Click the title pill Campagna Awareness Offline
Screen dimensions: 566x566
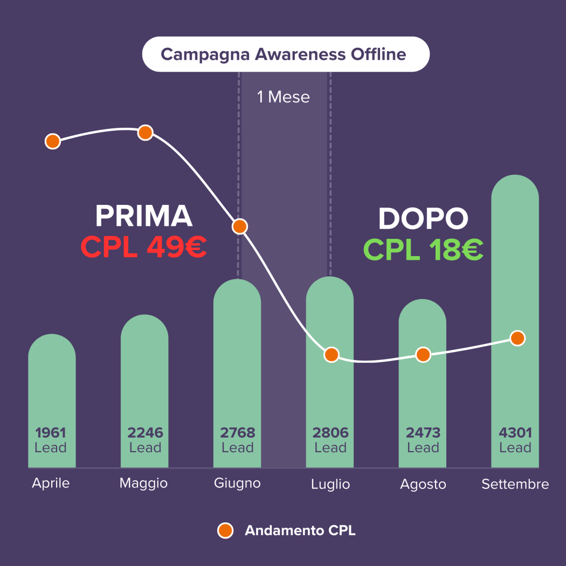click(x=285, y=54)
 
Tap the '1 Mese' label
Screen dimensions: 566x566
click(x=284, y=97)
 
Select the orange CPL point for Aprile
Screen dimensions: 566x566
click(x=52, y=141)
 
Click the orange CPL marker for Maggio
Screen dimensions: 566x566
click(x=145, y=132)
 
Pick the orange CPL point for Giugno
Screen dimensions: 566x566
click(x=240, y=226)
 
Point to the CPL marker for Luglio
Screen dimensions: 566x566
click(x=332, y=354)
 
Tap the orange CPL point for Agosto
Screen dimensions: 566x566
click(x=423, y=355)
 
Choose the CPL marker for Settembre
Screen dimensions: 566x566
click(x=517, y=338)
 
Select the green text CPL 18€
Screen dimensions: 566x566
click(x=423, y=249)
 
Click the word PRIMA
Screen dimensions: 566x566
click(x=144, y=216)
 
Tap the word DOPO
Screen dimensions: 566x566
click(x=423, y=219)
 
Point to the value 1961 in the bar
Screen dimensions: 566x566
click(x=51, y=432)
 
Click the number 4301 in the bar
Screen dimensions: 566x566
click(x=515, y=432)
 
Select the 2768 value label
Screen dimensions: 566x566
click(x=238, y=432)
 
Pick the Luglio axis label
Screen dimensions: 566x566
click(x=330, y=484)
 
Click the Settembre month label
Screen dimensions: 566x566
click(x=515, y=484)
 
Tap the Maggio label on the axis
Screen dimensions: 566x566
click(x=143, y=483)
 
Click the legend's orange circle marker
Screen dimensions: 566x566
click(x=225, y=530)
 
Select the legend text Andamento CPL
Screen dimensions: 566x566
click(x=300, y=530)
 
